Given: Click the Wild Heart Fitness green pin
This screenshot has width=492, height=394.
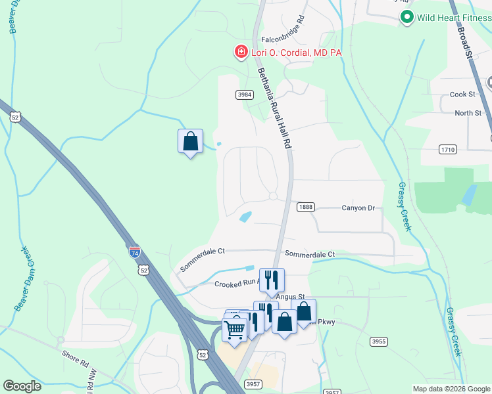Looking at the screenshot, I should [x=407, y=17].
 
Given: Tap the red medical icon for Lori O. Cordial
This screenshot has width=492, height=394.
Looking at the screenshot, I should [x=241, y=51].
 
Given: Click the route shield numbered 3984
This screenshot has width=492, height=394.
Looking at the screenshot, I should [x=245, y=95].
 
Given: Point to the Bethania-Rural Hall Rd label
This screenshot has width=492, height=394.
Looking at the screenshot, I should [x=274, y=109].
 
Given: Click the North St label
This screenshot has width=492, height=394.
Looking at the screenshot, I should [x=468, y=113].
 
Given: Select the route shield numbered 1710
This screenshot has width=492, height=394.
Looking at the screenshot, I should [x=447, y=150].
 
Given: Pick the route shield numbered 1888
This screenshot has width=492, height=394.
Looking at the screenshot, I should [x=305, y=207].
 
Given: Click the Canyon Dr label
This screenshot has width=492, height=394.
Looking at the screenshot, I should [x=358, y=208].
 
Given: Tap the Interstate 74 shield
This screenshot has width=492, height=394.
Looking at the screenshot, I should [x=134, y=252].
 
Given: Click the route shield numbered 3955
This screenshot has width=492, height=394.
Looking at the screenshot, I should [x=378, y=341].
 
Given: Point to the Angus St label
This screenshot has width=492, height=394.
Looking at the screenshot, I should [x=291, y=297].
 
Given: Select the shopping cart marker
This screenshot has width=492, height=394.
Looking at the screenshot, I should [x=235, y=330].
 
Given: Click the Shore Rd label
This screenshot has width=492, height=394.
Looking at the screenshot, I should [x=76, y=360].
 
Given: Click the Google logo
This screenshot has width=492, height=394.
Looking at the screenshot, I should [x=22, y=386].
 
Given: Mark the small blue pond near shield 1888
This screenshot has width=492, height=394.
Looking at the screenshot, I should [x=245, y=216].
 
